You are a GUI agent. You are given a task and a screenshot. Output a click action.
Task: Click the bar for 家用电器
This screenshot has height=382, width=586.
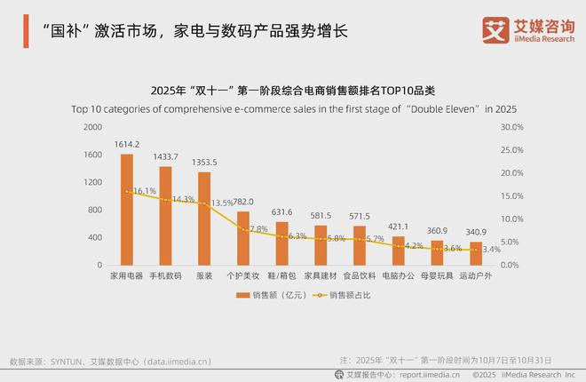click(x=127, y=210)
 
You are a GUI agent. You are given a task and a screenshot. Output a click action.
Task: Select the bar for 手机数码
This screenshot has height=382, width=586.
click(x=165, y=216)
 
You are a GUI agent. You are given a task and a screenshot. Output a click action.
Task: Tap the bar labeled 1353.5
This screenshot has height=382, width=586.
click(x=203, y=219)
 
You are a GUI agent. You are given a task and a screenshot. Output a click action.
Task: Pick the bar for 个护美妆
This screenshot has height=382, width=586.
click(x=242, y=238)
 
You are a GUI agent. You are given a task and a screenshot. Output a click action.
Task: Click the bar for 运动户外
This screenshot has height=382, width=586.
click(x=476, y=253)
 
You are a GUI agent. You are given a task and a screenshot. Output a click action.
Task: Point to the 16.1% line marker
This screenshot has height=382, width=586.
click(x=127, y=191)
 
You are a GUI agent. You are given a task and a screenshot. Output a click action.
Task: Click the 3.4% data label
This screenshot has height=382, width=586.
click(x=490, y=250)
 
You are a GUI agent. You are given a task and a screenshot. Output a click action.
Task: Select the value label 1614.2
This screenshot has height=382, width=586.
click(x=127, y=144)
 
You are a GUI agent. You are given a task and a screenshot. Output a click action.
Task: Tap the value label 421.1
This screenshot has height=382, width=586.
click(x=398, y=226)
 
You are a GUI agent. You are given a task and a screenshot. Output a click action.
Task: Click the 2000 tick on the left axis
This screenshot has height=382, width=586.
click(x=92, y=127)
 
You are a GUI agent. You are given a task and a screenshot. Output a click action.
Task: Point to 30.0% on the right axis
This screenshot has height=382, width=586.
click(x=513, y=127)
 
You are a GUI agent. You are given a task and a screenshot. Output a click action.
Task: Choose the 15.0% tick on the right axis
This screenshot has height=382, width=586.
click(x=513, y=196)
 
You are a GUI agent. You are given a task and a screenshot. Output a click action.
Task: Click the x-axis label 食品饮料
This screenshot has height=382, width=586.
click(x=360, y=276)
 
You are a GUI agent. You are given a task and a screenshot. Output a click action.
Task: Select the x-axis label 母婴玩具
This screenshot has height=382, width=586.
click(x=437, y=276)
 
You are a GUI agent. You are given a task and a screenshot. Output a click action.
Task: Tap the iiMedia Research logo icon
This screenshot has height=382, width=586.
click(x=494, y=28)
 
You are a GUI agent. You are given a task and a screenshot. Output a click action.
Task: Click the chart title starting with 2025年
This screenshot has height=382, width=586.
click(x=293, y=91)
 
